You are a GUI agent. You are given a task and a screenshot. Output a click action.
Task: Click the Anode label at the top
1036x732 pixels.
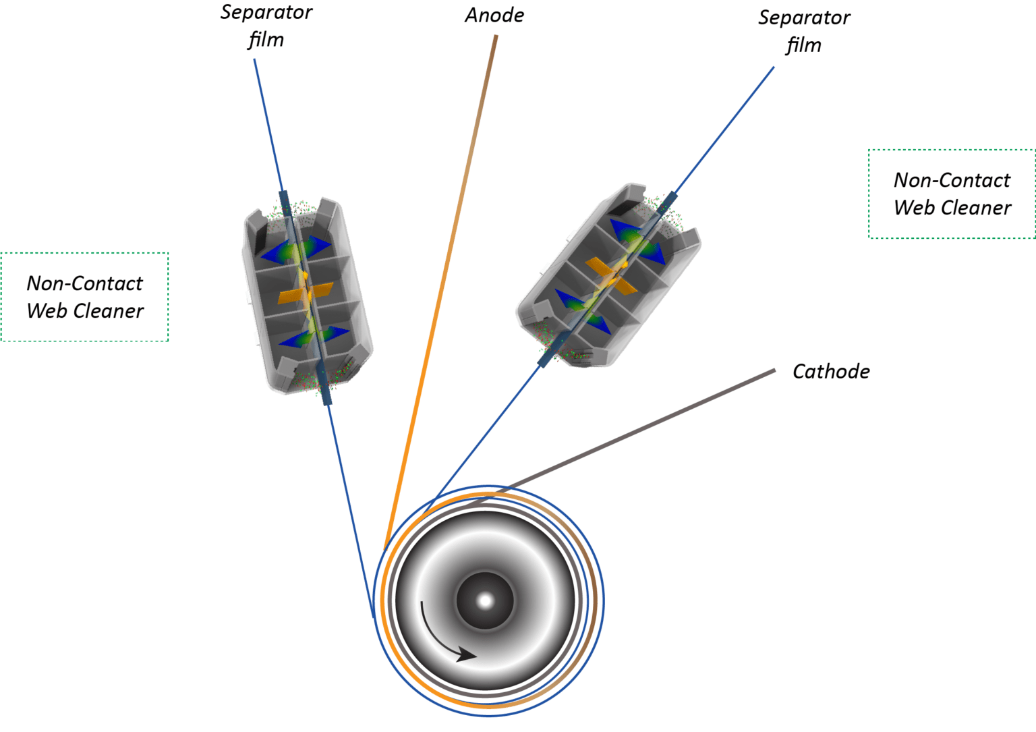pos(494,16)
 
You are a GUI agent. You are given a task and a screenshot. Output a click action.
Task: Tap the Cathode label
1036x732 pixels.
pos(831,372)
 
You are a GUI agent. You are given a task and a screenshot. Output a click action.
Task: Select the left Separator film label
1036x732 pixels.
pos(266,26)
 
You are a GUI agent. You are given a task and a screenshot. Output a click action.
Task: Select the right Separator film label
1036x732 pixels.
pos(804,32)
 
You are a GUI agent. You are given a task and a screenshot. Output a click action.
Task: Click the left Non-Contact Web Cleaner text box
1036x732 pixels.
pos(84,297)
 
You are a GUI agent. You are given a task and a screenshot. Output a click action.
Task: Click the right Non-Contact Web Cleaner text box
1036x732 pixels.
pos(952,194)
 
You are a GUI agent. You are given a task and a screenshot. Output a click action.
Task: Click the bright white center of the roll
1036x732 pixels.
pos(485,600)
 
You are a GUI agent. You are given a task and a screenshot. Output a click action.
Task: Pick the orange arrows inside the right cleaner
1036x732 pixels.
pos(611,275)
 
